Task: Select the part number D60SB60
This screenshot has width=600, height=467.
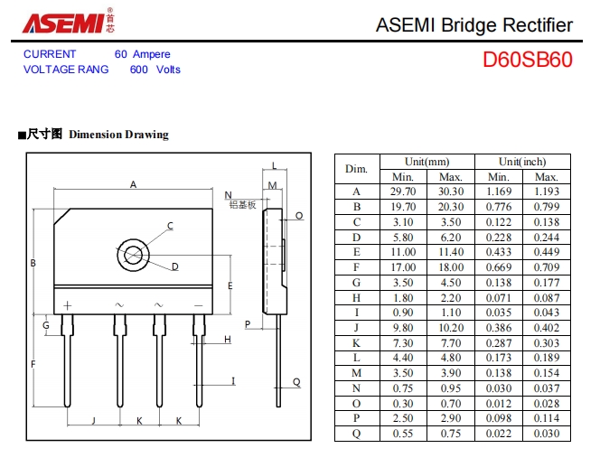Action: click(527, 61)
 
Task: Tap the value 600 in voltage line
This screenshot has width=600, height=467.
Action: click(139, 70)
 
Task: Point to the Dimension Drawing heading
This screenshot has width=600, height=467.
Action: click(118, 135)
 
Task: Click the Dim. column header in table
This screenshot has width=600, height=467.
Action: click(356, 169)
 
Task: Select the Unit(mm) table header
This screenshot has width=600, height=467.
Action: click(427, 161)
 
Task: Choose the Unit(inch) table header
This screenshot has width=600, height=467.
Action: click(522, 161)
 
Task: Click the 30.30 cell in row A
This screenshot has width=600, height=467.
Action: click(450, 191)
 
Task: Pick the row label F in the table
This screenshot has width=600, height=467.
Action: click(356, 267)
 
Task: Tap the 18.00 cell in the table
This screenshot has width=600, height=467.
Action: click(450, 267)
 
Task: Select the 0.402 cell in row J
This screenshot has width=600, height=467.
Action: click(547, 328)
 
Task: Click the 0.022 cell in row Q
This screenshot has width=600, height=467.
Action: click(498, 434)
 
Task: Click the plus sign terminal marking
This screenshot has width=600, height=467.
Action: click(67, 305)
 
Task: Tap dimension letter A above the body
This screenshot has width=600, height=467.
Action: click(133, 185)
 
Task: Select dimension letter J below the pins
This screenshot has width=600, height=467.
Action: click(93, 421)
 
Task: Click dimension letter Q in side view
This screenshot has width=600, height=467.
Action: click(296, 382)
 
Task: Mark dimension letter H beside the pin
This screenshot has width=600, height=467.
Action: click(228, 340)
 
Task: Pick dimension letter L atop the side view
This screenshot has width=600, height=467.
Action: click(275, 165)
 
